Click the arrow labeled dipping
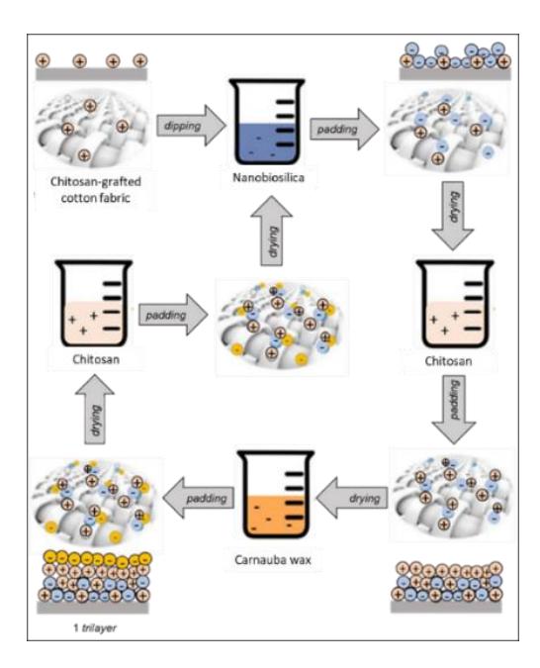click(191, 126)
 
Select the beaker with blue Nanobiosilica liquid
click(267, 123)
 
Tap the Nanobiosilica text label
click(268, 177)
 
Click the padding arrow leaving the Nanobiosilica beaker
click(344, 129)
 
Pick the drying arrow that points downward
click(453, 215)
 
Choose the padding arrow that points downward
click(454, 410)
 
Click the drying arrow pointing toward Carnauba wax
click(352, 498)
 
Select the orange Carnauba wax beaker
click(276, 495)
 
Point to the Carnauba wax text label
click(273, 560)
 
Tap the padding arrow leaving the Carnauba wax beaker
click(199, 498)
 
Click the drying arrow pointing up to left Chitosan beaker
click(95, 410)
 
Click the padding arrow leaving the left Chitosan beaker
click(173, 315)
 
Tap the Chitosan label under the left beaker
click(96, 359)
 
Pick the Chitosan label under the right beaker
click(448, 361)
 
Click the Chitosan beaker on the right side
click(455, 304)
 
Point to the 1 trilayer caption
click(95, 627)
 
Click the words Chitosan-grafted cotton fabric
click(95, 190)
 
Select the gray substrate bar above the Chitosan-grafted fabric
click(91, 74)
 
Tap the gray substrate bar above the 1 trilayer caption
click(93, 607)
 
